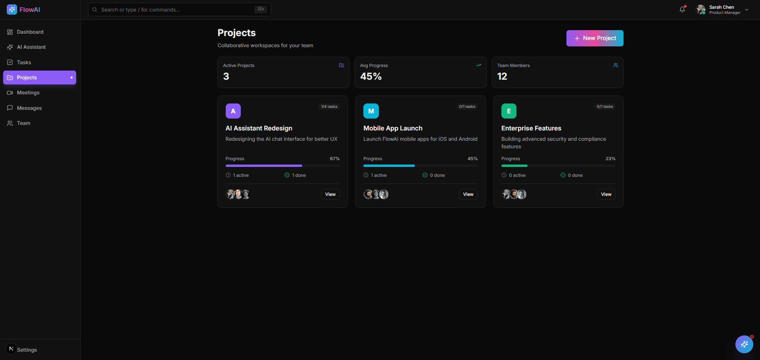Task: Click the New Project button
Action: (595, 38)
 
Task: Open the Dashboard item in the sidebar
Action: (30, 32)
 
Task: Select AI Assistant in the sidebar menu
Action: (31, 47)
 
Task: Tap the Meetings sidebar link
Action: (28, 93)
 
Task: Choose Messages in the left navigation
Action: (29, 108)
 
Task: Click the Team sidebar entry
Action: (24, 123)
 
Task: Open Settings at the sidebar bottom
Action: (27, 350)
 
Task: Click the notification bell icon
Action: (682, 10)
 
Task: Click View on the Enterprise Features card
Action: (606, 194)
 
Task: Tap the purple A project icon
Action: (233, 111)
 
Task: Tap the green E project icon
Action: (509, 111)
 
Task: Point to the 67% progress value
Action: (335, 159)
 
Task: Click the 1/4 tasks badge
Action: (329, 107)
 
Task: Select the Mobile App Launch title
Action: (393, 128)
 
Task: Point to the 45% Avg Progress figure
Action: (371, 77)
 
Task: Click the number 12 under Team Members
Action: (502, 77)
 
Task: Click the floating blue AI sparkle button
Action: (744, 344)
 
